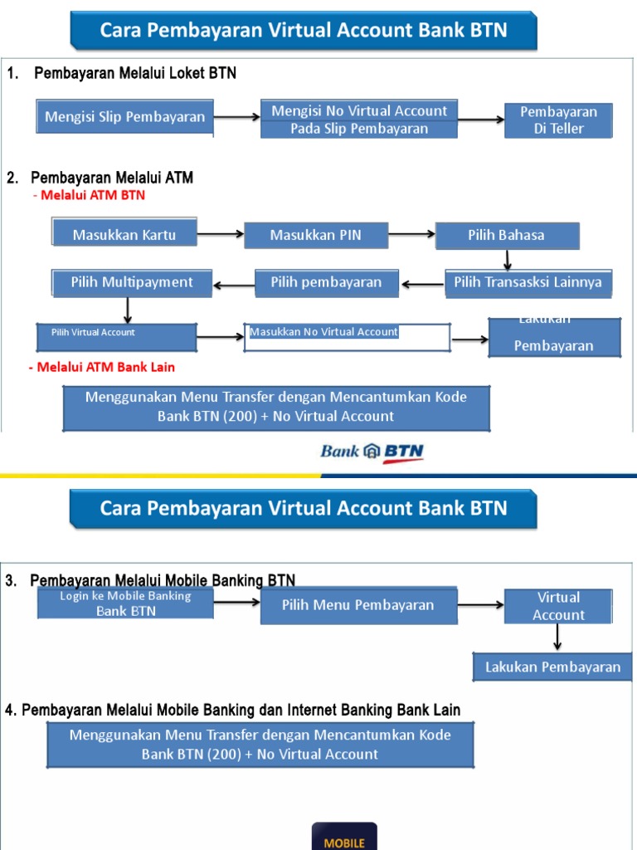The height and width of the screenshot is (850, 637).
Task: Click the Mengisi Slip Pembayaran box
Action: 125,117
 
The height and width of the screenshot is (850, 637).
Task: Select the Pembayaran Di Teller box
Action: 558,120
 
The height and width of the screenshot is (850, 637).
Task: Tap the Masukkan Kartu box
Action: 124,235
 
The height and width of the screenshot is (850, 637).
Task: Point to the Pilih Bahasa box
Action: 507,235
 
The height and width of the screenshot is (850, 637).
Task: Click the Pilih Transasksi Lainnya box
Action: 528,282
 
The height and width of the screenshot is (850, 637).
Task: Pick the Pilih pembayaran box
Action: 327,282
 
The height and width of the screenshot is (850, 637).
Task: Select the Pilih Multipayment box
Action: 132,282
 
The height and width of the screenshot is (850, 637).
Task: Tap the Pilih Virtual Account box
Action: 116,336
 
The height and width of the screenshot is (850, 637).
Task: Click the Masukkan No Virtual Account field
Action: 347,337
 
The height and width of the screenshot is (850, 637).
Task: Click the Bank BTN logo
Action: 372,452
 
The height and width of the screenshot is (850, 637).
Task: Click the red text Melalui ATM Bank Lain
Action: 104,367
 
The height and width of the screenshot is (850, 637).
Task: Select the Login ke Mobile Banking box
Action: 125,603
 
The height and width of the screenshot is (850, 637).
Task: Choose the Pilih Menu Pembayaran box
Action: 358,605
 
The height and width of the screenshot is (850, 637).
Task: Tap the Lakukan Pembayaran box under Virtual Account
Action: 552,667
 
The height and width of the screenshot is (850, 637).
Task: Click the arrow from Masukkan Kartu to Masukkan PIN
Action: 221,235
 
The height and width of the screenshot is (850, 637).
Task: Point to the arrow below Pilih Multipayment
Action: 128,310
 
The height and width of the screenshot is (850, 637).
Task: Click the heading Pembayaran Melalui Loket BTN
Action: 135,74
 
